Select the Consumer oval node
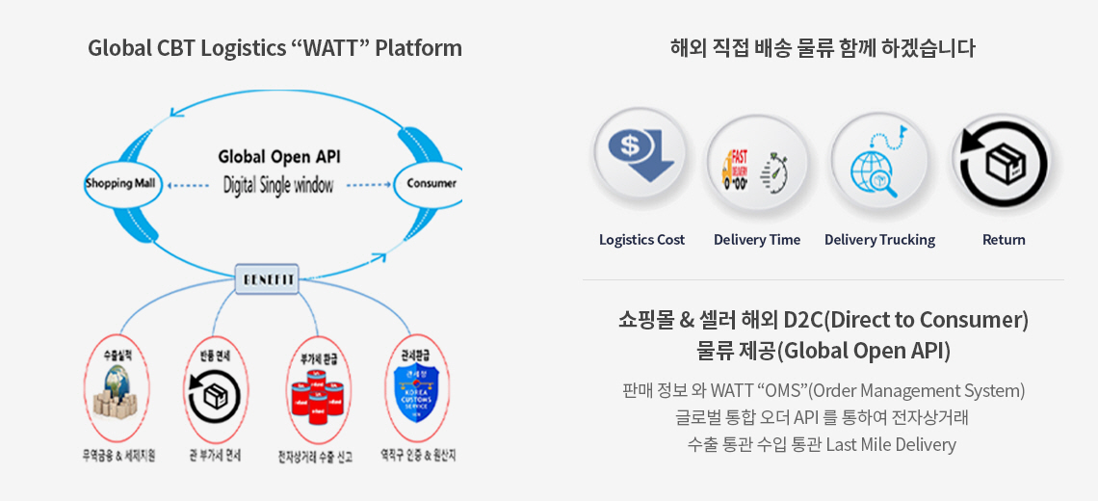tap(430, 182)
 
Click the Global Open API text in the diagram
tap(278, 157)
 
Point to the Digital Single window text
tap(278, 185)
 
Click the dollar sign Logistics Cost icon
tap(640, 159)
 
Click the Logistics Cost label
tap(641, 240)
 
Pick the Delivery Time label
tap(757, 240)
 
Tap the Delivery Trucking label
tap(879, 240)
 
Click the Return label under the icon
tap(1004, 240)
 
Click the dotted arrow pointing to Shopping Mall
tap(182, 184)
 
